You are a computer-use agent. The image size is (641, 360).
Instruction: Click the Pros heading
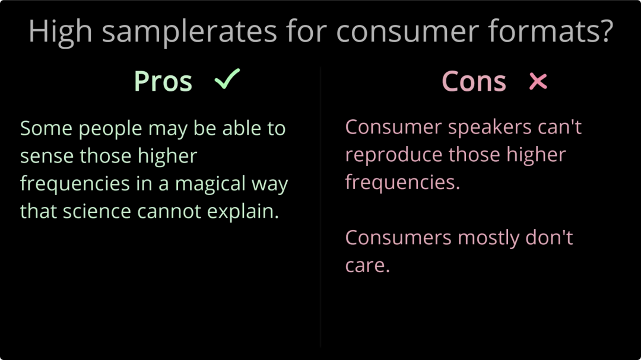pyautogui.click(x=163, y=81)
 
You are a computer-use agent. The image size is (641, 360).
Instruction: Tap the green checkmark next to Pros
pyautogui.click(x=227, y=79)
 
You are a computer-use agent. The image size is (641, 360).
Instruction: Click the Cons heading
pyautogui.click(x=474, y=81)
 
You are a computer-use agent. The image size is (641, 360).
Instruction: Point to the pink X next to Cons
pyautogui.click(x=538, y=81)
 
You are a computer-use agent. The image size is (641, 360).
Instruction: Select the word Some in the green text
pyautogui.click(x=45, y=128)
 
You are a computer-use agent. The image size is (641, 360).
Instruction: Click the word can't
pyautogui.click(x=560, y=127)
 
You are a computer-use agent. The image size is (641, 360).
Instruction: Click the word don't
pyautogui.click(x=549, y=237)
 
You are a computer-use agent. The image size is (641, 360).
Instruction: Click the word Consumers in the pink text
pyautogui.click(x=398, y=237)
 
